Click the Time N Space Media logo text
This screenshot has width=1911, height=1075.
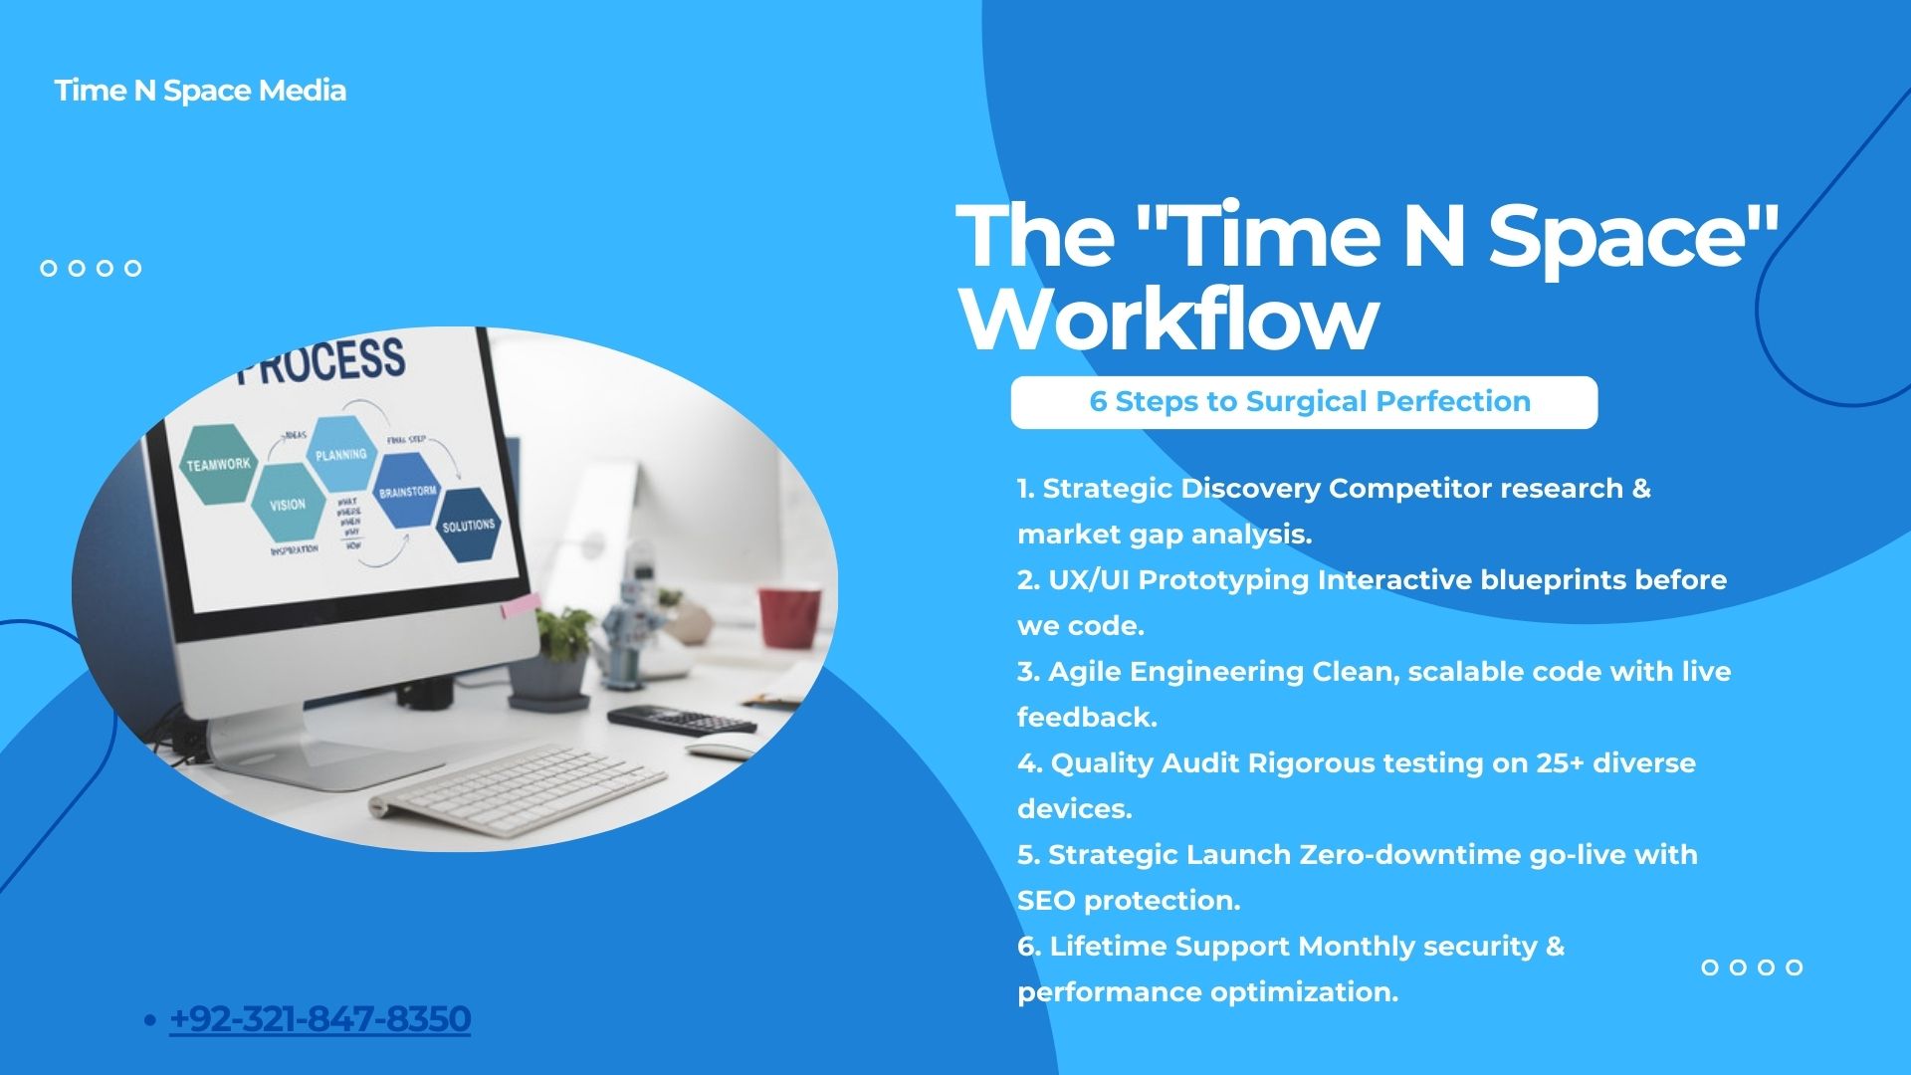(200, 91)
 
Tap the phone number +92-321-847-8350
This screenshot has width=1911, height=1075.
(320, 1018)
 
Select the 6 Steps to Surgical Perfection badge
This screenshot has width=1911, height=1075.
(1304, 402)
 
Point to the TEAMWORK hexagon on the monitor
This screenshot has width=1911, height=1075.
(218, 464)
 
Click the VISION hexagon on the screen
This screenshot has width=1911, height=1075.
(288, 504)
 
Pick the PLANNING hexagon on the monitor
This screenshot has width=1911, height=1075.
(341, 454)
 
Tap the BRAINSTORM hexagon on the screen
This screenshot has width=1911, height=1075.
(407, 491)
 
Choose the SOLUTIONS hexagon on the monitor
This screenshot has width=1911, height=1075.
(468, 525)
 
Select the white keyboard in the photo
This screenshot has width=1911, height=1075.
(518, 789)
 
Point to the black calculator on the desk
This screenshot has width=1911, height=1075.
(681, 719)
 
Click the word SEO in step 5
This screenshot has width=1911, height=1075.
(1046, 901)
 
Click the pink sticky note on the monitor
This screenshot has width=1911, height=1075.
(521, 604)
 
